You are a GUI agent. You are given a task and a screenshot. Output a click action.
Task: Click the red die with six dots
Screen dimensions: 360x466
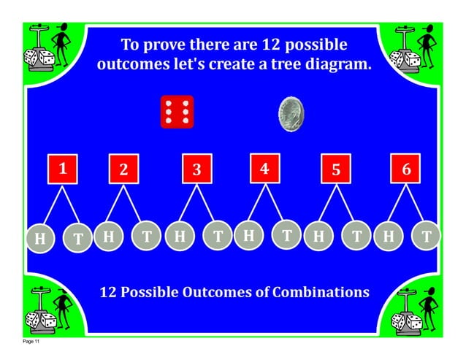click(177, 112)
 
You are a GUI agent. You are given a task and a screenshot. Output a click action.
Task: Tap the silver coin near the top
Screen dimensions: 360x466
click(291, 115)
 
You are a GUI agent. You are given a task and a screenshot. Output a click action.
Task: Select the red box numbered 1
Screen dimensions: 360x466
click(63, 169)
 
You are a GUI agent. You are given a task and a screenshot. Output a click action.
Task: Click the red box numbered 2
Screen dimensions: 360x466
click(123, 169)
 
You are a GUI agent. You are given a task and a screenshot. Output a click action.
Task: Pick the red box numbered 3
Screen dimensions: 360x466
click(196, 169)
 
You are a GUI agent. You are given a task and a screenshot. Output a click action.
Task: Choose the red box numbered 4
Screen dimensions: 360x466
click(264, 169)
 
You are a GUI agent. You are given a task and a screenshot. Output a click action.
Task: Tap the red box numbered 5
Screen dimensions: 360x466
click(336, 169)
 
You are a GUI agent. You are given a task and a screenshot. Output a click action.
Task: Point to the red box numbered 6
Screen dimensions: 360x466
click(406, 169)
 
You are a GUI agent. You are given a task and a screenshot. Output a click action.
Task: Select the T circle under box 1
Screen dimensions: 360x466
click(77, 238)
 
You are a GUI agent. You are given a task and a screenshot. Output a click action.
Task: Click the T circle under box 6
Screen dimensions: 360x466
click(427, 235)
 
